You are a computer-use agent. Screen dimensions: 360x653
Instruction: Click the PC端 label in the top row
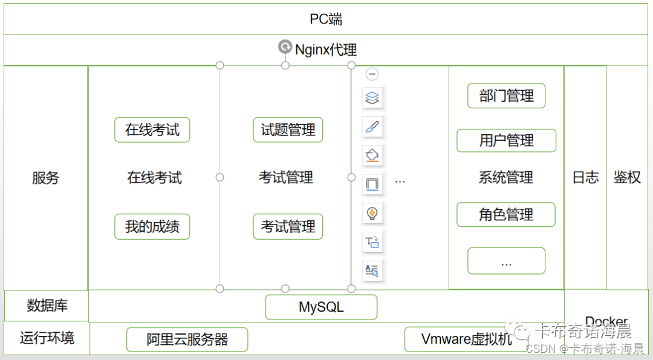tap(326, 19)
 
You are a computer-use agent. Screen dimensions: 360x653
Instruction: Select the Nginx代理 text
tap(326, 50)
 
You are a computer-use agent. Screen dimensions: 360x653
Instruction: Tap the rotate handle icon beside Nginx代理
tap(285, 47)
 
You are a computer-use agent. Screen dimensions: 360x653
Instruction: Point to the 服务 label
tap(46, 178)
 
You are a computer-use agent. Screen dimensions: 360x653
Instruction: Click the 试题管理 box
tap(288, 130)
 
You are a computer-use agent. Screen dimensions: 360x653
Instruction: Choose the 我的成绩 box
tap(152, 227)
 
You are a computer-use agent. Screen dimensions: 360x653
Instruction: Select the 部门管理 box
tap(506, 96)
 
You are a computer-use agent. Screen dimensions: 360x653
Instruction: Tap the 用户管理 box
tap(506, 141)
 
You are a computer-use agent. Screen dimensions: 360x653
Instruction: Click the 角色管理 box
tap(506, 215)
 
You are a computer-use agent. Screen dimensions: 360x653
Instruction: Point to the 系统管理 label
tap(506, 178)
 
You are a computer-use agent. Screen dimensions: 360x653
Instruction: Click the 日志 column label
tap(585, 177)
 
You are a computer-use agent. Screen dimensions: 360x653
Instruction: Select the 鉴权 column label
tap(627, 177)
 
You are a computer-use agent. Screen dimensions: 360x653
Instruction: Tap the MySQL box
tap(321, 307)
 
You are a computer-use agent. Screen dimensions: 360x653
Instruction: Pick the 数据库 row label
tap(47, 306)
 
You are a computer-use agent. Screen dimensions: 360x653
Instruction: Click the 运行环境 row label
tap(47, 338)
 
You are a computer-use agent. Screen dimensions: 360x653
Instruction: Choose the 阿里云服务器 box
tap(187, 339)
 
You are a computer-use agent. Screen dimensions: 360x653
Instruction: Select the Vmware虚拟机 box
tap(466, 339)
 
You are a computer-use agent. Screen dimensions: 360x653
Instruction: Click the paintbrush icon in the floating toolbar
tap(372, 126)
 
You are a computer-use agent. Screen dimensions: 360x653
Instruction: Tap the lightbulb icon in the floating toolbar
tap(372, 213)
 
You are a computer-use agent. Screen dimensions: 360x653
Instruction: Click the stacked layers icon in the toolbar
tap(372, 97)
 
